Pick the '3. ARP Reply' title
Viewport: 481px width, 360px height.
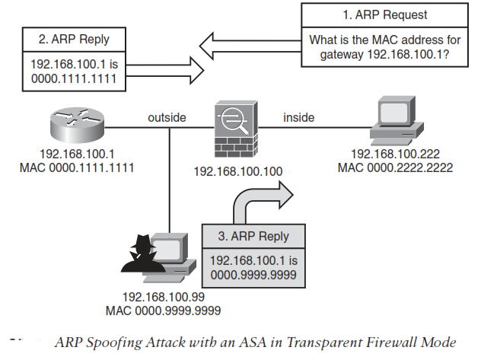click(255, 236)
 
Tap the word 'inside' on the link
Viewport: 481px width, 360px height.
click(298, 117)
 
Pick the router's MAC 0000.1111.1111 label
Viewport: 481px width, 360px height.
click(77, 166)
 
